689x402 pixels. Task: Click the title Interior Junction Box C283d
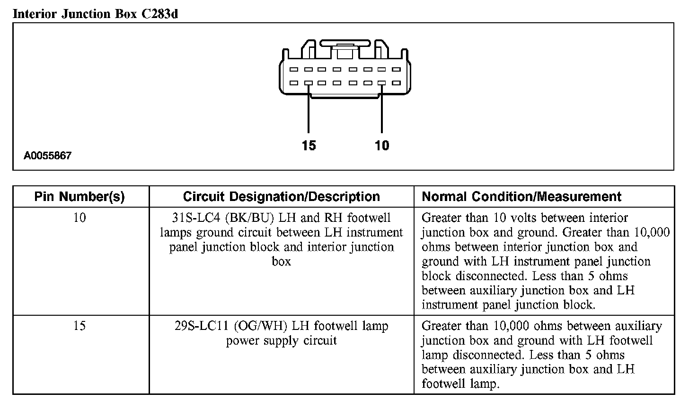coord(95,14)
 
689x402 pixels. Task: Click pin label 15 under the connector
coord(309,146)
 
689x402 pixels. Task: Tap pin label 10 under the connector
coord(382,146)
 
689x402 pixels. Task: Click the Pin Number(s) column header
coord(79,197)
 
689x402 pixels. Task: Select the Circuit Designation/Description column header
coord(281,197)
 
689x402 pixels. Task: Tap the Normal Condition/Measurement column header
coord(521,197)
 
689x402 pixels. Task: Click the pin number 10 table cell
coord(79,218)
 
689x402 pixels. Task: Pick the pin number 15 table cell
coord(79,326)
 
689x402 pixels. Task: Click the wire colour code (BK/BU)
coord(250,218)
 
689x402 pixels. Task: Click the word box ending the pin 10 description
coord(281,262)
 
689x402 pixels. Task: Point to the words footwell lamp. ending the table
coord(460,384)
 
